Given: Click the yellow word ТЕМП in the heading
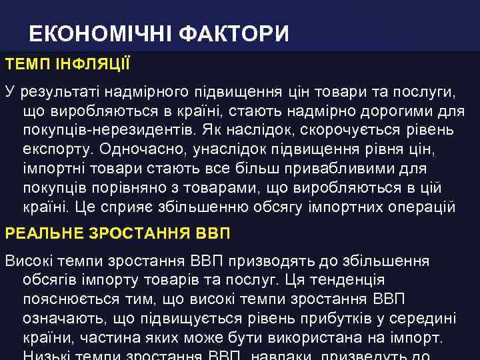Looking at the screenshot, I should tap(25, 65).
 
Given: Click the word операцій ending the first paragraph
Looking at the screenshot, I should tap(419, 207).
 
